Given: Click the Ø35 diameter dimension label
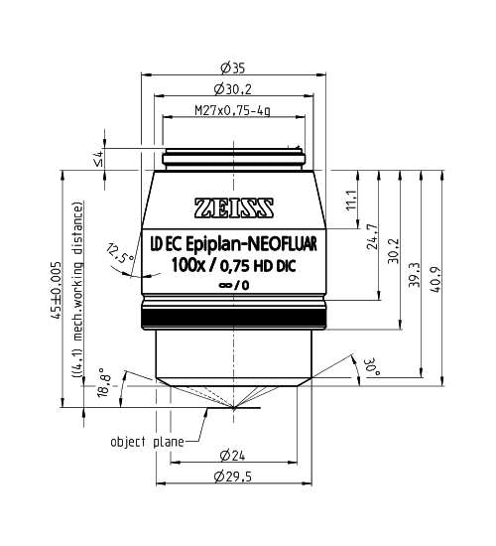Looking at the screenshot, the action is pyautogui.click(x=233, y=68).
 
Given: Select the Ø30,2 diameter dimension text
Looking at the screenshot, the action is pyautogui.click(x=233, y=89).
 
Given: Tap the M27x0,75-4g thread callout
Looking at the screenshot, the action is pyautogui.click(x=232, y=111).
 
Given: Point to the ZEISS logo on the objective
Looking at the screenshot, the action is pyautogui.click(x=234, y=207).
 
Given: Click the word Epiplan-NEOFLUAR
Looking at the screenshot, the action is pyautogui.click(x=252, y=244).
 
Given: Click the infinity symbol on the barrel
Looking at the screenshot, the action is pyautogui.click(x=224, y=286).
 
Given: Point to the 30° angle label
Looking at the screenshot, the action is pyautogui.click(x=372, y=366).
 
